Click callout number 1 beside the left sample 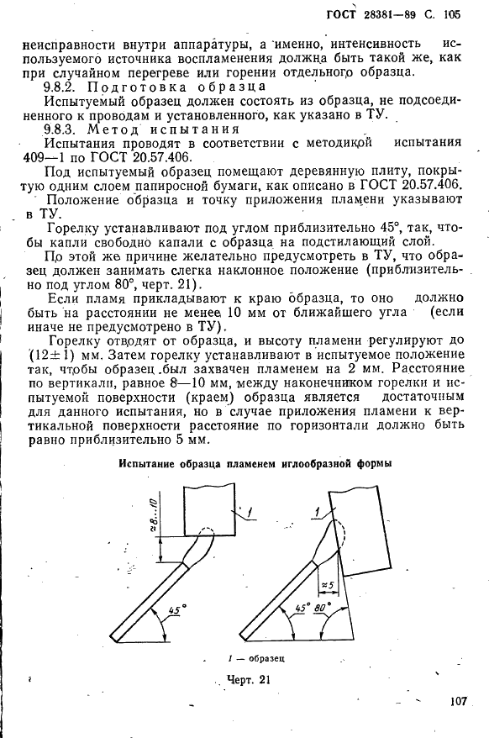[x=250, y=509]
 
